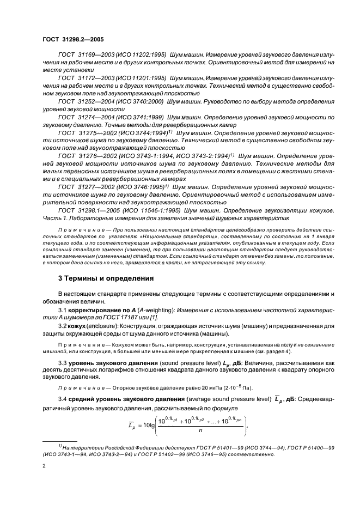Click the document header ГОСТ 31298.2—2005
74,40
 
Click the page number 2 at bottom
45,467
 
